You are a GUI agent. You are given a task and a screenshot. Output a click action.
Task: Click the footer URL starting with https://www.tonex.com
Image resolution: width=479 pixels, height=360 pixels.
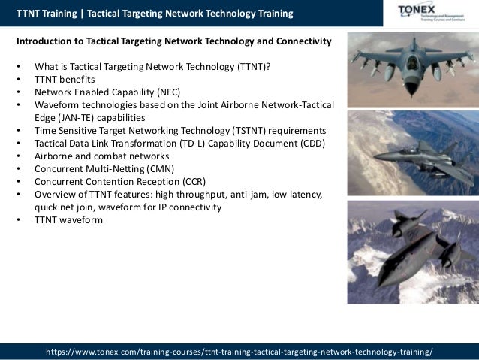click(x=239, y=351)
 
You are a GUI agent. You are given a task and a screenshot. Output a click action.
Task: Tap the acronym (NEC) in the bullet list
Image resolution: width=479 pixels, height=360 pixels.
click(x=176, y=92)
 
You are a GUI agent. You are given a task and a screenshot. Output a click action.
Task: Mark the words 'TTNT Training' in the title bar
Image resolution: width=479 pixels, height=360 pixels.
click(x=47, y=14)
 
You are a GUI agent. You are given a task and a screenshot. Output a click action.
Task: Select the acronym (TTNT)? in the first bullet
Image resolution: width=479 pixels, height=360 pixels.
click(x=253, y=67)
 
